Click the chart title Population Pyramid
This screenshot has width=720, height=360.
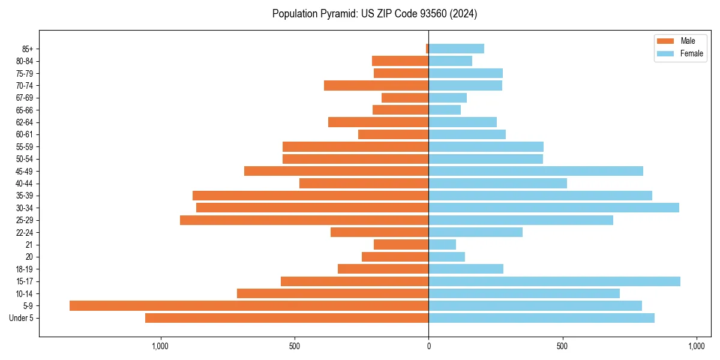[374, 14]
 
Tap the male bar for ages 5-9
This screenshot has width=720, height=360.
[249, 306]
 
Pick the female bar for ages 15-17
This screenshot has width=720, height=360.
[554, 281]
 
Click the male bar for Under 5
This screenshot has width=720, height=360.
[287, 318]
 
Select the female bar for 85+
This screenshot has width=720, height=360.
[456, 49]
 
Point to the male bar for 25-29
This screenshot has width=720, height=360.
[304, 220]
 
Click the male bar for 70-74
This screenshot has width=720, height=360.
[376, 86]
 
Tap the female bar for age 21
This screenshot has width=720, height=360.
[442, 245]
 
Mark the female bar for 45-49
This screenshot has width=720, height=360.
[536, 171]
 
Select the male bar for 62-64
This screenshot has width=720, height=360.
[378, 122]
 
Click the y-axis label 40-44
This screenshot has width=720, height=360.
[25, 184]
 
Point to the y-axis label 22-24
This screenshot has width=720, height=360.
[25, 233]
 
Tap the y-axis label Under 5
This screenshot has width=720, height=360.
[22, 318]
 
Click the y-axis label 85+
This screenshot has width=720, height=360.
[27, 49]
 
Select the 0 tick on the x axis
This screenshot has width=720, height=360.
[428, 346]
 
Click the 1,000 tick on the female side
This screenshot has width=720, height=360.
[696, 346]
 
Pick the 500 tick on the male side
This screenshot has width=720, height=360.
[294, 346]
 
